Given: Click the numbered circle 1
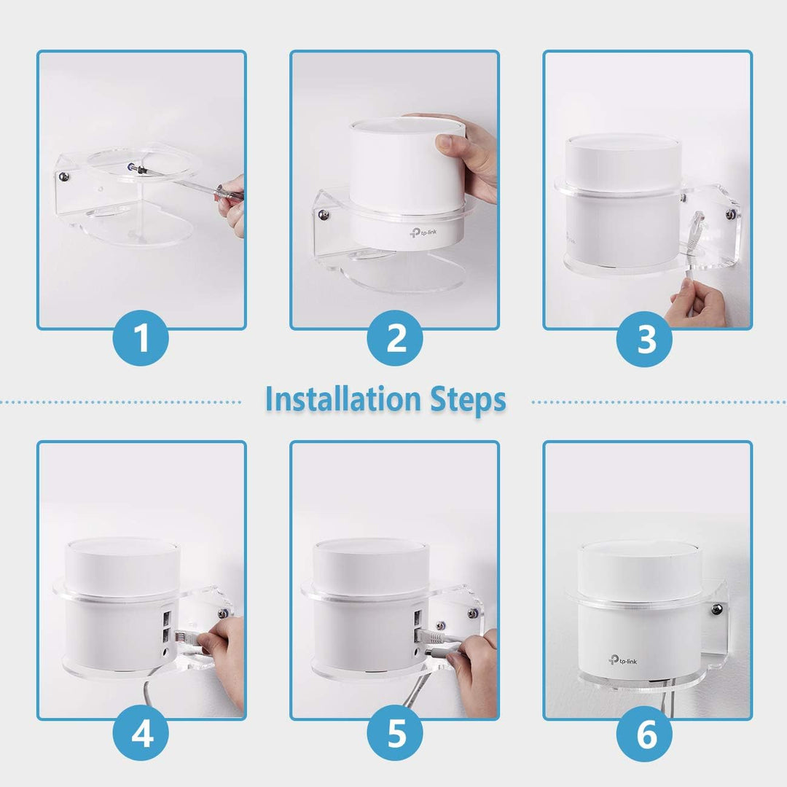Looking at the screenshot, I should pos(141,339).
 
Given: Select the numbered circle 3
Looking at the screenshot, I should pos(646,339).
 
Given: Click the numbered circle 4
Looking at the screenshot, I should pos(141,734).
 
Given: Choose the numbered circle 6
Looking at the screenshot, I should pos(646,734).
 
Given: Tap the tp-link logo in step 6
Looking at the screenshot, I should pos(621,660).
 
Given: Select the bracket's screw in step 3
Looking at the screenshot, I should pos(729,214).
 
